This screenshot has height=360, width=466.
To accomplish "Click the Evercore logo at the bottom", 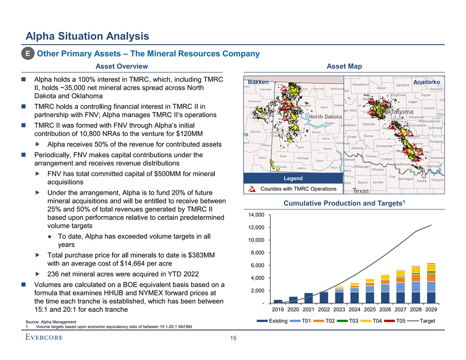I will (x=44, y=337).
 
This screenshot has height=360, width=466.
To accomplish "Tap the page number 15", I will (x=233, y=338).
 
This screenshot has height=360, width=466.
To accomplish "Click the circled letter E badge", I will (x=28, y=54).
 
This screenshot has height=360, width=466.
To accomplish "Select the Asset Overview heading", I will (x=122, y=66).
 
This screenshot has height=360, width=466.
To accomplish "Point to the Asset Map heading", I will (x=344, y=66).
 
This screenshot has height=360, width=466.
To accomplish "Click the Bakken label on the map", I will (x=258, y=82).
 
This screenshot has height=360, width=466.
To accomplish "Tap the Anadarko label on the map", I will (x=427, y=82).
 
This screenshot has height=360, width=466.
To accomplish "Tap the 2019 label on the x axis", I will (x=278, y=309).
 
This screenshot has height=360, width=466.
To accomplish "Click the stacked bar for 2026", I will (x=385, y=289).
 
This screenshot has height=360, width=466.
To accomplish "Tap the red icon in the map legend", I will (x=252, y=189).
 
